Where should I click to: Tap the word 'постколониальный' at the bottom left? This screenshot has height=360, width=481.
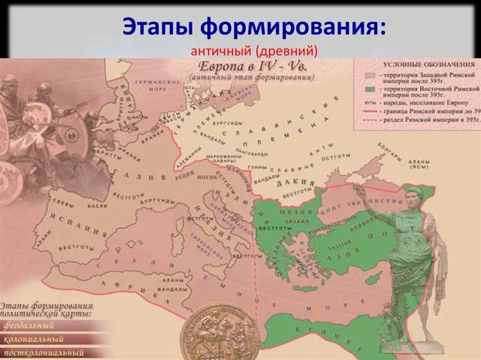click(x=43, y=352)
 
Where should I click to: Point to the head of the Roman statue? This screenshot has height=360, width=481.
click(x=416, y=197)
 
